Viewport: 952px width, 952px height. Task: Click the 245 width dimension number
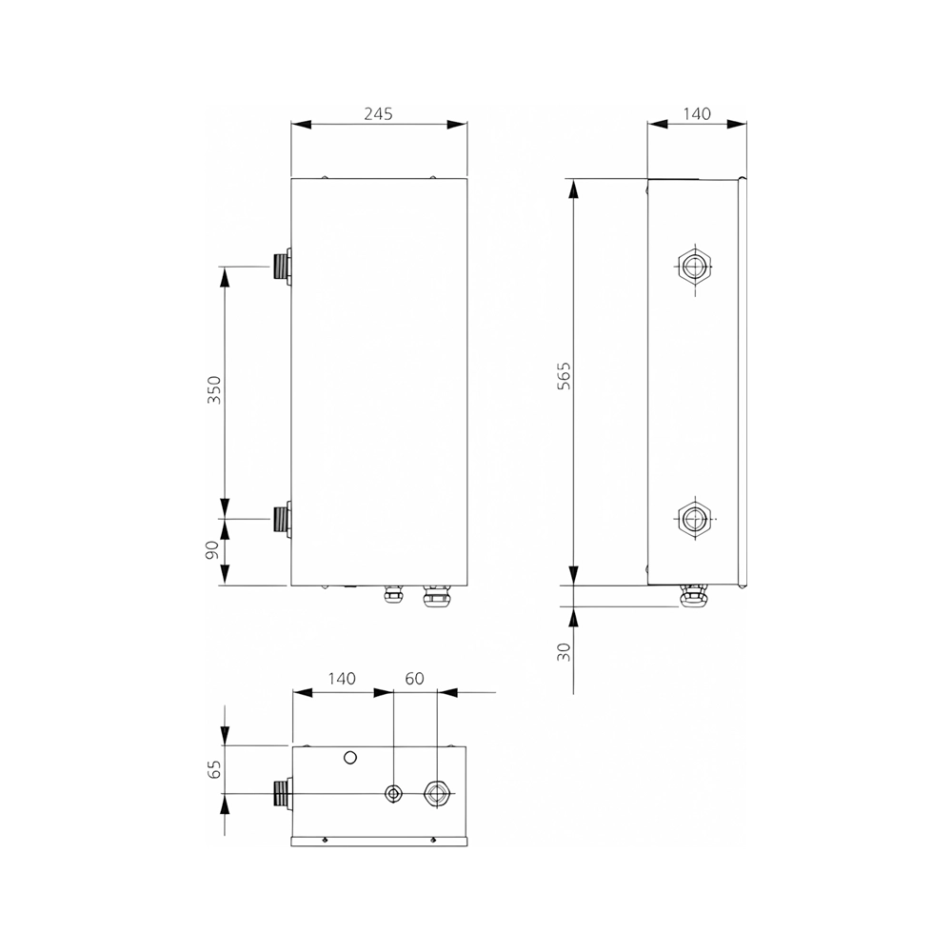click(378, 113)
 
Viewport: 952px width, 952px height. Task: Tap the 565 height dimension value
click(564, 376)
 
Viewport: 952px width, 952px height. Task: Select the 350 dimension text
click(214, 389)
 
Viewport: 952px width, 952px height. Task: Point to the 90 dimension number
click(212, 550)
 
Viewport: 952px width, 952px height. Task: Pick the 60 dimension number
click(414, 678)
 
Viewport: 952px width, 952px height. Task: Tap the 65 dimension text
click(214, 769)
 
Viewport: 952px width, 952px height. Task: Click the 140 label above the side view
click(697, 113)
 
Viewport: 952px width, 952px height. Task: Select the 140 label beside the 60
click(342, 678)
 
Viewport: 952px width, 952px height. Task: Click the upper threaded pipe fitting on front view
click(282, 266)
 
